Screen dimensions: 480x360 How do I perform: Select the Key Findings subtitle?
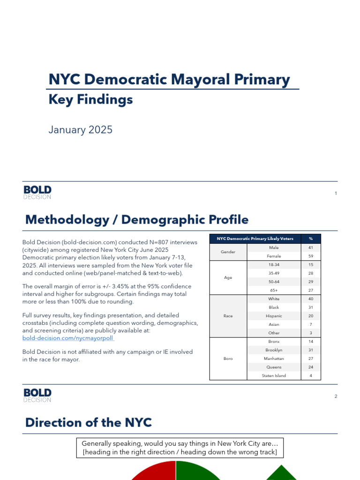tap(91, 99)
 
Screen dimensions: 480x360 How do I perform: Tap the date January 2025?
tap(81, 130)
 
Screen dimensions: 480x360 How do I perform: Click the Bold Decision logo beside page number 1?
tap(37, 192)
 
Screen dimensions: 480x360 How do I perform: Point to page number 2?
tap(336, 397)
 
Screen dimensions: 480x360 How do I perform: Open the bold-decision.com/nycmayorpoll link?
tap(68, 338)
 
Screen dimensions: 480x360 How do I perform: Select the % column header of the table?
tap(311, 239)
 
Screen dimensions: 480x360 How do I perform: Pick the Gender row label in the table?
tap(228, 252)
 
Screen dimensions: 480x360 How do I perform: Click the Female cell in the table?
tap(274, 256)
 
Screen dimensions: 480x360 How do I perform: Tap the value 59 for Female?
tap(311, 256)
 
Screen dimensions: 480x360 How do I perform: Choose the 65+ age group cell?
tap(274, 290)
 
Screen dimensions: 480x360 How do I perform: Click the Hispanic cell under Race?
tap(274, 316)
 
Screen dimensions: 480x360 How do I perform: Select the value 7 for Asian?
tap(311, 324)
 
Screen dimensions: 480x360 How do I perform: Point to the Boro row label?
tap(228, 359)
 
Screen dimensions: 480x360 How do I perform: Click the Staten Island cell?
tap(274, 375)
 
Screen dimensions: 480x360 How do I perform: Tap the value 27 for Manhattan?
tap(311, 359)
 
